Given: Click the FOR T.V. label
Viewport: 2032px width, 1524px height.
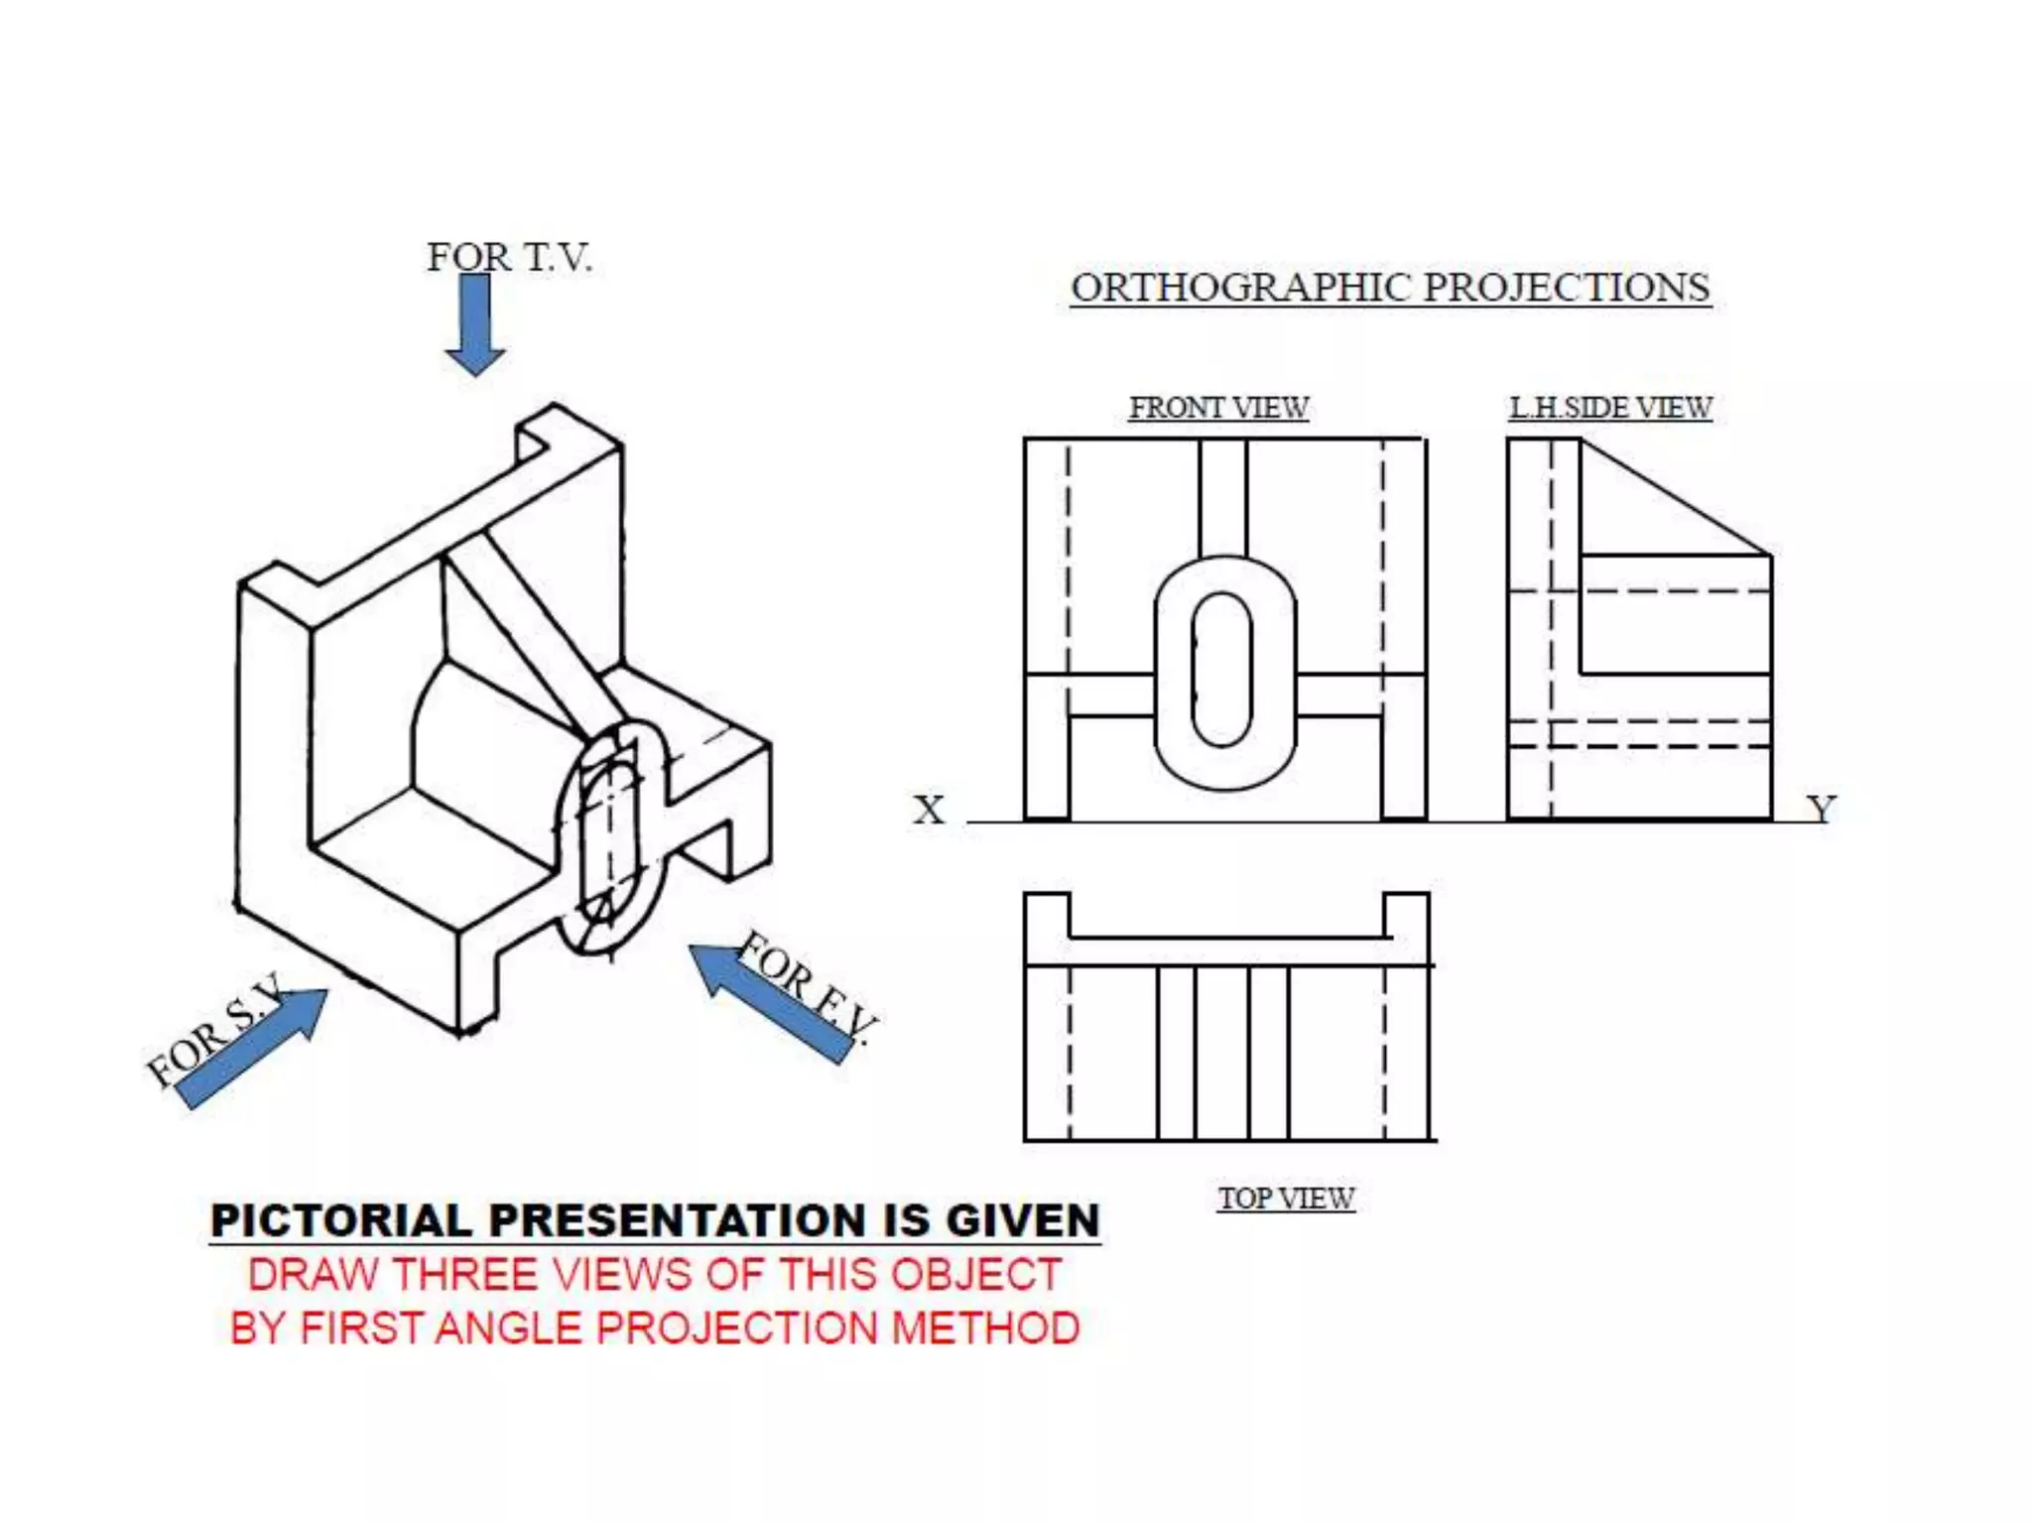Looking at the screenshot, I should tap(509, 258).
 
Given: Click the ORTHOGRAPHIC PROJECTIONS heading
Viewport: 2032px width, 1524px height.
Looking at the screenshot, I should tap(1390, 288).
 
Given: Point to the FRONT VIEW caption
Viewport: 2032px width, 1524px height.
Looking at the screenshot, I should tap(1218, 408).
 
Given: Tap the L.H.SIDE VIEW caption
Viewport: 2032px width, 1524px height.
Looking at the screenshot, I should tap(1610, 408).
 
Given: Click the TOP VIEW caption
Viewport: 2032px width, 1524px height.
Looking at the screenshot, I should tap(1286, 1199).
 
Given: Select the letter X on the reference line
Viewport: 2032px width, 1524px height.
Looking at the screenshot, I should tap(929, 810).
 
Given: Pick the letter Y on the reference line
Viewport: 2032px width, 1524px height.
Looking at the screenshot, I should tap(1821, 810).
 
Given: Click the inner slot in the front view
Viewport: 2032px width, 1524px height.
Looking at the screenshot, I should tap(1222, 670).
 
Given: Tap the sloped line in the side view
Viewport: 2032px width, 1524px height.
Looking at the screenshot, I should tap(1677, 496).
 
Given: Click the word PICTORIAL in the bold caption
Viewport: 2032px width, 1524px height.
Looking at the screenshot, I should tap(341, 1220).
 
